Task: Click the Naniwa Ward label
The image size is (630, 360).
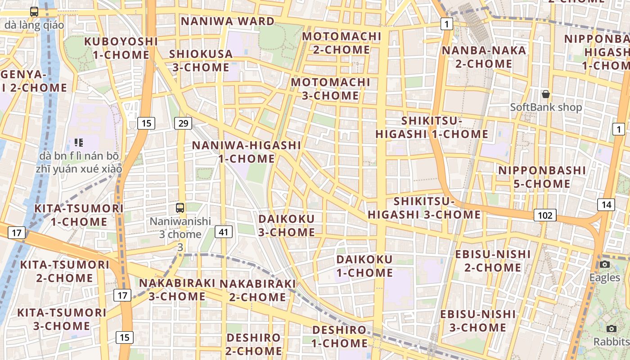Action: coord(227,21)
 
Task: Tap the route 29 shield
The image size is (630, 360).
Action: coord(183,123)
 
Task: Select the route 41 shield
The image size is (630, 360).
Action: coord(224,232)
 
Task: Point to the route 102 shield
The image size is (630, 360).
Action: coord(545,215)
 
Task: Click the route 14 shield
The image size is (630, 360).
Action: coord(606,205)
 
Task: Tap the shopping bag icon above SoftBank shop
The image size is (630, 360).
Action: coord(546,94)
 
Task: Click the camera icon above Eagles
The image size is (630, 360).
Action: coord(605,264)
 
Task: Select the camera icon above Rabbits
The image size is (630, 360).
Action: coord(611,328)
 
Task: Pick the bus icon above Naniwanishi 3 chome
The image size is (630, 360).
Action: coord(180,207)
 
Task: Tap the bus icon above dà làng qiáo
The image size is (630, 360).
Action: coord(34,12)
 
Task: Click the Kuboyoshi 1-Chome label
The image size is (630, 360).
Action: coord(121,48)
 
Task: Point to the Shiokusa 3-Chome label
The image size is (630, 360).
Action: coord(201,61)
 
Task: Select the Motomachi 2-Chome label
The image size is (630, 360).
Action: coord(342,43)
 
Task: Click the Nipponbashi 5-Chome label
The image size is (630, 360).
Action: coord(542,177)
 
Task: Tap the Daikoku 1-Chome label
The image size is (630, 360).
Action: coord(364,266)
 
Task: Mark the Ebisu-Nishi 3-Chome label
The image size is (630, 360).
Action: coord(478,321)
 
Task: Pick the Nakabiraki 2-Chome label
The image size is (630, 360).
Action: coord(257,290)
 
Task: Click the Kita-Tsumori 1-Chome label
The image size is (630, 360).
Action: coord(79,215)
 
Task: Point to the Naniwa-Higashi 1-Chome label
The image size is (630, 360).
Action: coord(247,152)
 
